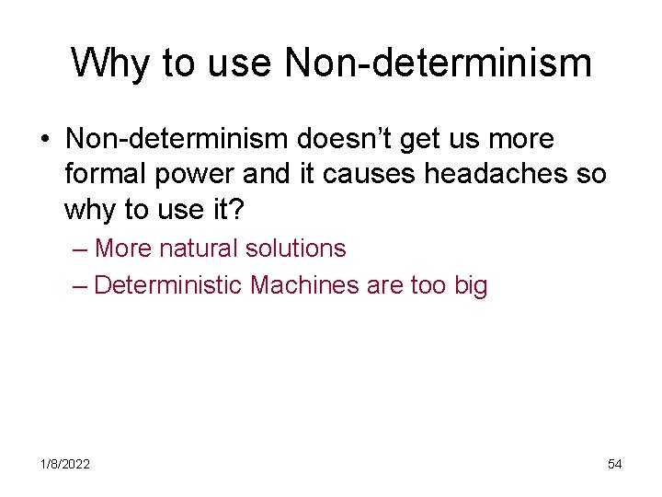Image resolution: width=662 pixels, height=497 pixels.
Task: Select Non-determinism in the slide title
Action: coord(438,63)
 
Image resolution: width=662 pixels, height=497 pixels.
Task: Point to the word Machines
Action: coord(304,285)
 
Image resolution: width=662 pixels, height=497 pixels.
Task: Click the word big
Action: coord(471,286)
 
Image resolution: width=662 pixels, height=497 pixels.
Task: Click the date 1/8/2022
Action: coord(64,464)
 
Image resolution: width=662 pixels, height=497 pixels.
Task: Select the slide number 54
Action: coord(615,464)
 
